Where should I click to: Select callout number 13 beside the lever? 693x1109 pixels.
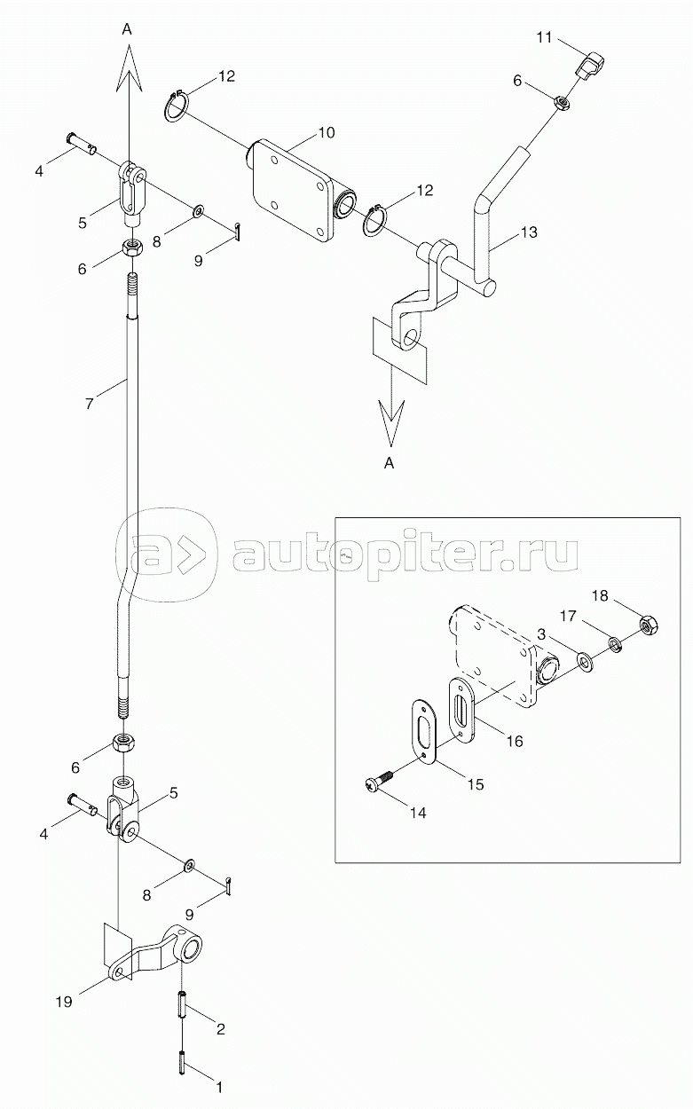[x=529, y=232]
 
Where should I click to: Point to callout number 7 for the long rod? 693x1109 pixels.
[x=88, y=405]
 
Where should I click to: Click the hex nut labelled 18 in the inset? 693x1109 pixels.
[x=650, y=625]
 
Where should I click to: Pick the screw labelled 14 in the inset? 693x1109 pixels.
[x=376, y=783]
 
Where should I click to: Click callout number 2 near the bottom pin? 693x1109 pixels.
[x=220, y=1029]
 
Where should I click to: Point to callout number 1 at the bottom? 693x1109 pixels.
[x=220, y=1083]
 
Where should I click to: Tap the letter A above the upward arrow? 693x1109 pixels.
[x=127, y=29]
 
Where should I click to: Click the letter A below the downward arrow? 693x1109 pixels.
[x=389, y=462]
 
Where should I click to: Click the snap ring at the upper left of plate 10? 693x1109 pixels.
[x=177, y=106]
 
